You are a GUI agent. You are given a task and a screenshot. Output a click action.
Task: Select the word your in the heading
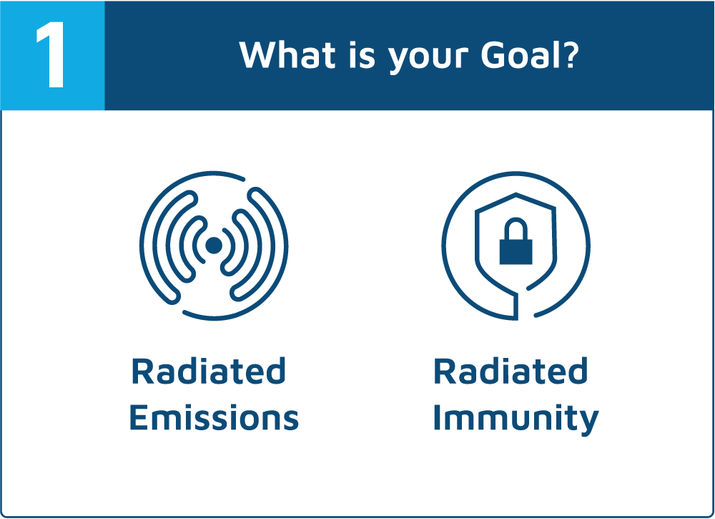point(428,59)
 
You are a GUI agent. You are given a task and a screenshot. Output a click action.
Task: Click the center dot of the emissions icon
point(213,246)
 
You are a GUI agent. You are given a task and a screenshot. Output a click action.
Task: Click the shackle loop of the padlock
point(516,228)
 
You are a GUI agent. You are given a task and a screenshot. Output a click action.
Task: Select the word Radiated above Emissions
point(208,371)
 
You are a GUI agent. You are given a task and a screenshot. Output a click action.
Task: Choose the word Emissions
point(214,417)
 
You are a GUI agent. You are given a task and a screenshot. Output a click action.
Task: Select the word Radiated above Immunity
point(511,371)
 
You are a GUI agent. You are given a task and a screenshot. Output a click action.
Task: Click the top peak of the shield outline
point(516,195)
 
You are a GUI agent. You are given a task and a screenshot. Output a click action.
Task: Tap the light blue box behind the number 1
point(52,55)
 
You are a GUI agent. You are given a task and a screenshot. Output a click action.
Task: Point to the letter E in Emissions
point(139,417)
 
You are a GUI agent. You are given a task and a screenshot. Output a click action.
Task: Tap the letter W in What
point(258,55)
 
